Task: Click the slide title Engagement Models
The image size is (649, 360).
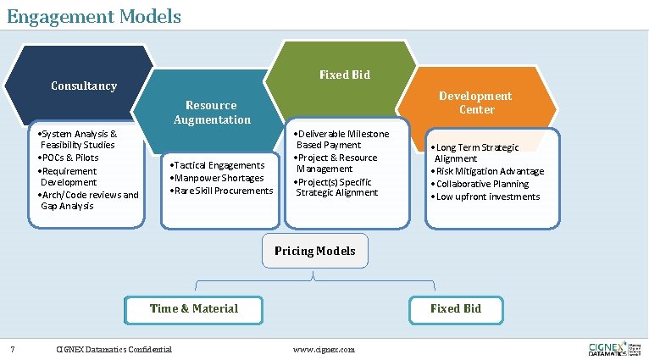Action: [93, 15]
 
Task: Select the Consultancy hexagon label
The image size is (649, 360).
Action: [84, 86]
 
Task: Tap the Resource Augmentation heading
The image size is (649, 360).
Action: [212, 112]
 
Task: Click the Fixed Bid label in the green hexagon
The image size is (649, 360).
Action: [344, 75]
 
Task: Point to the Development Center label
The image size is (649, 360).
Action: [476, 102]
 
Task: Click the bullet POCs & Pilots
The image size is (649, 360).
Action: [70, 158]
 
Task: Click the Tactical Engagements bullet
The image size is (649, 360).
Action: [219, 165]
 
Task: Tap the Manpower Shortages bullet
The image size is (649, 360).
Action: [218, 178]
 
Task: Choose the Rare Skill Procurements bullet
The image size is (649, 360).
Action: [223, 191]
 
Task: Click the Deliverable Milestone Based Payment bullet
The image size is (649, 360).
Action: [341, 139]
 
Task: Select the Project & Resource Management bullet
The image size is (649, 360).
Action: [337, 163]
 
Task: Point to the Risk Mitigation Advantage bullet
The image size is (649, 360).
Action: [489, 171]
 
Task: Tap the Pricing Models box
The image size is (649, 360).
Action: [314, 251]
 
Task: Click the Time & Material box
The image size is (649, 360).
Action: [194, 309]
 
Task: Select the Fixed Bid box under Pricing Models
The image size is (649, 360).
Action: [455, 309]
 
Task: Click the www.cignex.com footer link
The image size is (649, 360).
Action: [324, 350]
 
